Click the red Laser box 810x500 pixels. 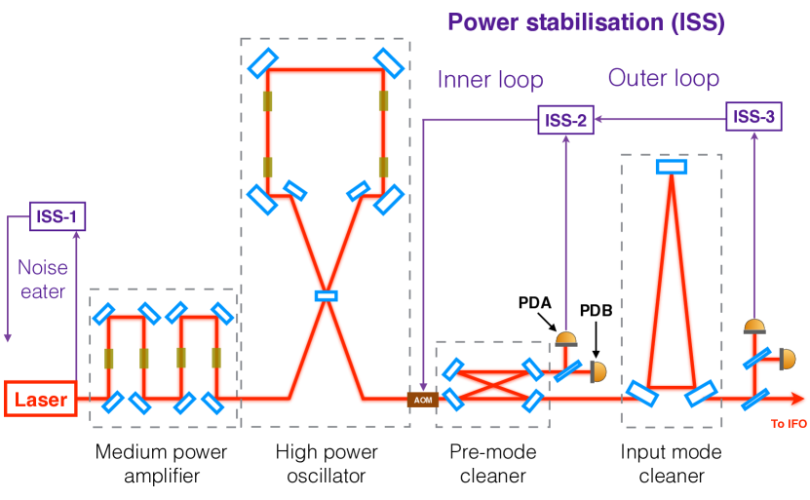(41, 399)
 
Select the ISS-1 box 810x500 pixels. (58, 216)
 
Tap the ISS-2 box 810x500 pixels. (565, 120)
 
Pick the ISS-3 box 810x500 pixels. (753, 117)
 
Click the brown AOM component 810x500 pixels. (423, 400)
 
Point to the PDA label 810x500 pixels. (535, 303)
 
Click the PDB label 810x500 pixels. (597, 311)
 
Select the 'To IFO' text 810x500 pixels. (789, 424)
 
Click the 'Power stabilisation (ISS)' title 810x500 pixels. (587, 22)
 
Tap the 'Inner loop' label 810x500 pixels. (490, 80)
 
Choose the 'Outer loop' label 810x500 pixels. (664, 78)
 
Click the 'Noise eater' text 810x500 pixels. (43, 280)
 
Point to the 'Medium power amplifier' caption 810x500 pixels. (161, 463)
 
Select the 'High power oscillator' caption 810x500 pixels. (327, 463)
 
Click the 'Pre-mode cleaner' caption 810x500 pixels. (493, 463)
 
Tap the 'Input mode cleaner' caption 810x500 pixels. (671, 463)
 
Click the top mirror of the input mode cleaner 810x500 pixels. (672, 167)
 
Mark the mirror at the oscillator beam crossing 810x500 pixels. (327, 296)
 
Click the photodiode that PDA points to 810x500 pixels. (566, 339)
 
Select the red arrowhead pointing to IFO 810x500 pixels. (797, 399)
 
